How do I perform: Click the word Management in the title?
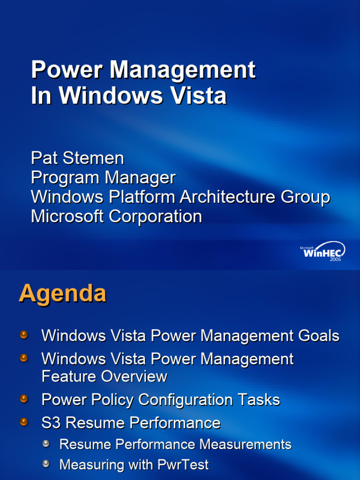click(x=182, y=70)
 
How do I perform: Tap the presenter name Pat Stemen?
click(x=77, y=158)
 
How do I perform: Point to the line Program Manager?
click(x=103, y=178)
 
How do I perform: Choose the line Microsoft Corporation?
click(x=116, y=217)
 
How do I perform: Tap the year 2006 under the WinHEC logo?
click(x=335, y=259)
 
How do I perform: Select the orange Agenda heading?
click(x=62, y=294)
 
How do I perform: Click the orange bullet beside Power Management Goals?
click(x=24, y=335)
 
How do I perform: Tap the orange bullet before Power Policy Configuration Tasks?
click(x=24, y=399)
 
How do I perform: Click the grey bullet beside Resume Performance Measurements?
click(x=46, y=443)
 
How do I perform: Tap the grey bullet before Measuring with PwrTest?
click(x=46, y=464)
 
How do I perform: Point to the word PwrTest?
click(x=183, y=465)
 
